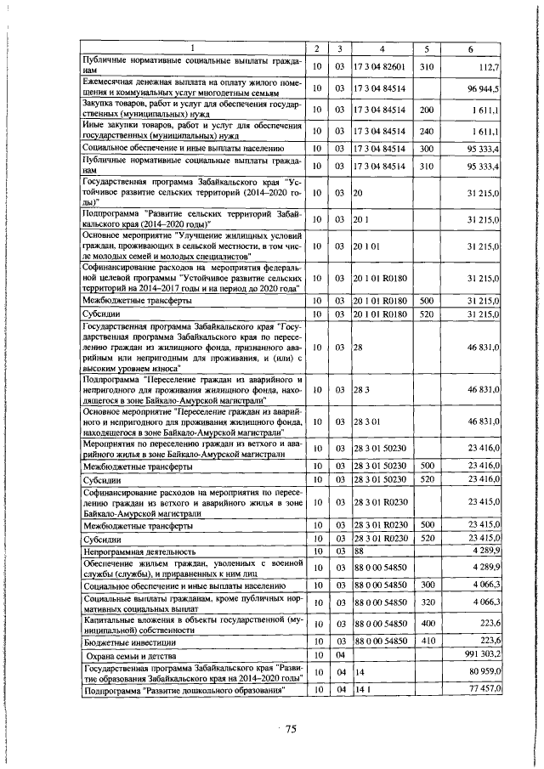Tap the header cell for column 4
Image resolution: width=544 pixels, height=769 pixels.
pyautogui.click(x=382, y=47)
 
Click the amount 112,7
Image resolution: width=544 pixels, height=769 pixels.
pyautogui.click(x=489, y=65)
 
